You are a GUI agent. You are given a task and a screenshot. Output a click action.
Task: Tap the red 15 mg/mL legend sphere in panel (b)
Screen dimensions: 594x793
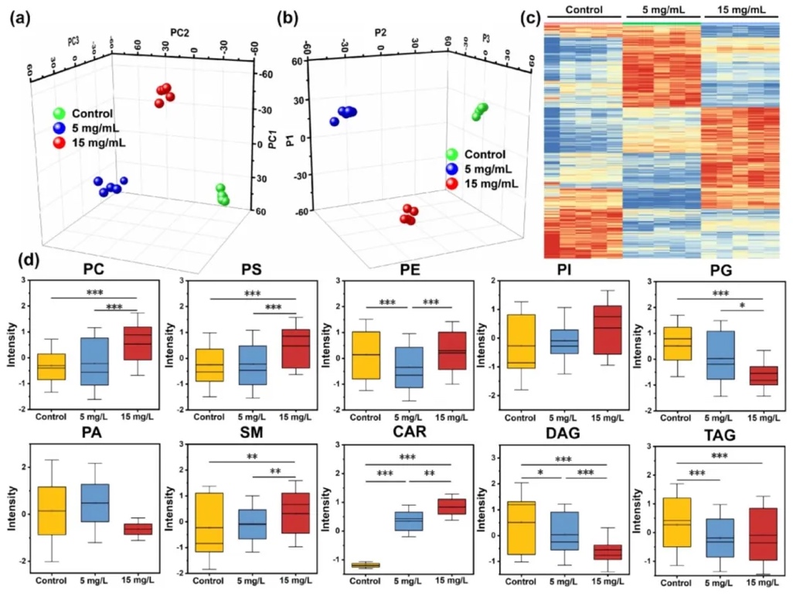(452, 183)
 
